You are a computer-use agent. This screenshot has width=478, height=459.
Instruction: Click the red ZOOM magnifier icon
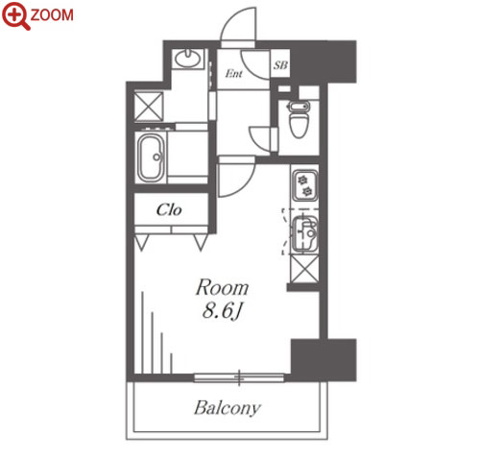pyautogui.click(x=16, y=15)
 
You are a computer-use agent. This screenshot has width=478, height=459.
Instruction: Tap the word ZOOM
pyautogui.click(x=52, y=15)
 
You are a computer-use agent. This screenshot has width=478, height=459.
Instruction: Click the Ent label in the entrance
pyautogui.click(x=233, y=74)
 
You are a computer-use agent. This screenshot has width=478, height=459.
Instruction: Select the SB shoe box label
pyautogui.click(x=280, y=65)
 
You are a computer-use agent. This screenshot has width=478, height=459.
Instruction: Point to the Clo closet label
pyautogui.click(x=169, y=210)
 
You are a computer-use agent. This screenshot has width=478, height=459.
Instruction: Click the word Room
pyautogui.click(x=223, y=288)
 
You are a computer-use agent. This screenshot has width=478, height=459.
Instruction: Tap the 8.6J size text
pyautogui.click(x=222, y=310)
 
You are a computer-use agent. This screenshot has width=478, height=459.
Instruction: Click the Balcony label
pyautogui.click(x=227, y=408)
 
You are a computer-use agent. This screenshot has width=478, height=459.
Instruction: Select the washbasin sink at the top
pyautogui.click(x=188, y=59)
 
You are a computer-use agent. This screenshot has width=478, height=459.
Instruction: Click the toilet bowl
pyautogui.click(x=299, y=120)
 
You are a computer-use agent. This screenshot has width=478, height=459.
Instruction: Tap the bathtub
pyautogui.click(x=151, y=157)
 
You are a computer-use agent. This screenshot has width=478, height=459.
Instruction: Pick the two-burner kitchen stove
pyautogui.click(x=305, y=184)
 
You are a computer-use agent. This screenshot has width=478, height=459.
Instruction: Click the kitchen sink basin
pyautogui.click(x=305, y=233)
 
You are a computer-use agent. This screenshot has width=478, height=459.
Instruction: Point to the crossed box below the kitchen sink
pyautogui.click(x=304, y=269)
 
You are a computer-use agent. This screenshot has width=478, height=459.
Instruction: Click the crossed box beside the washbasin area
pyautogui.click(x=149, y=107)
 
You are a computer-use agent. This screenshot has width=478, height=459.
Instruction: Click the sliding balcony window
pyautogui.click(x=239, y=377)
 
